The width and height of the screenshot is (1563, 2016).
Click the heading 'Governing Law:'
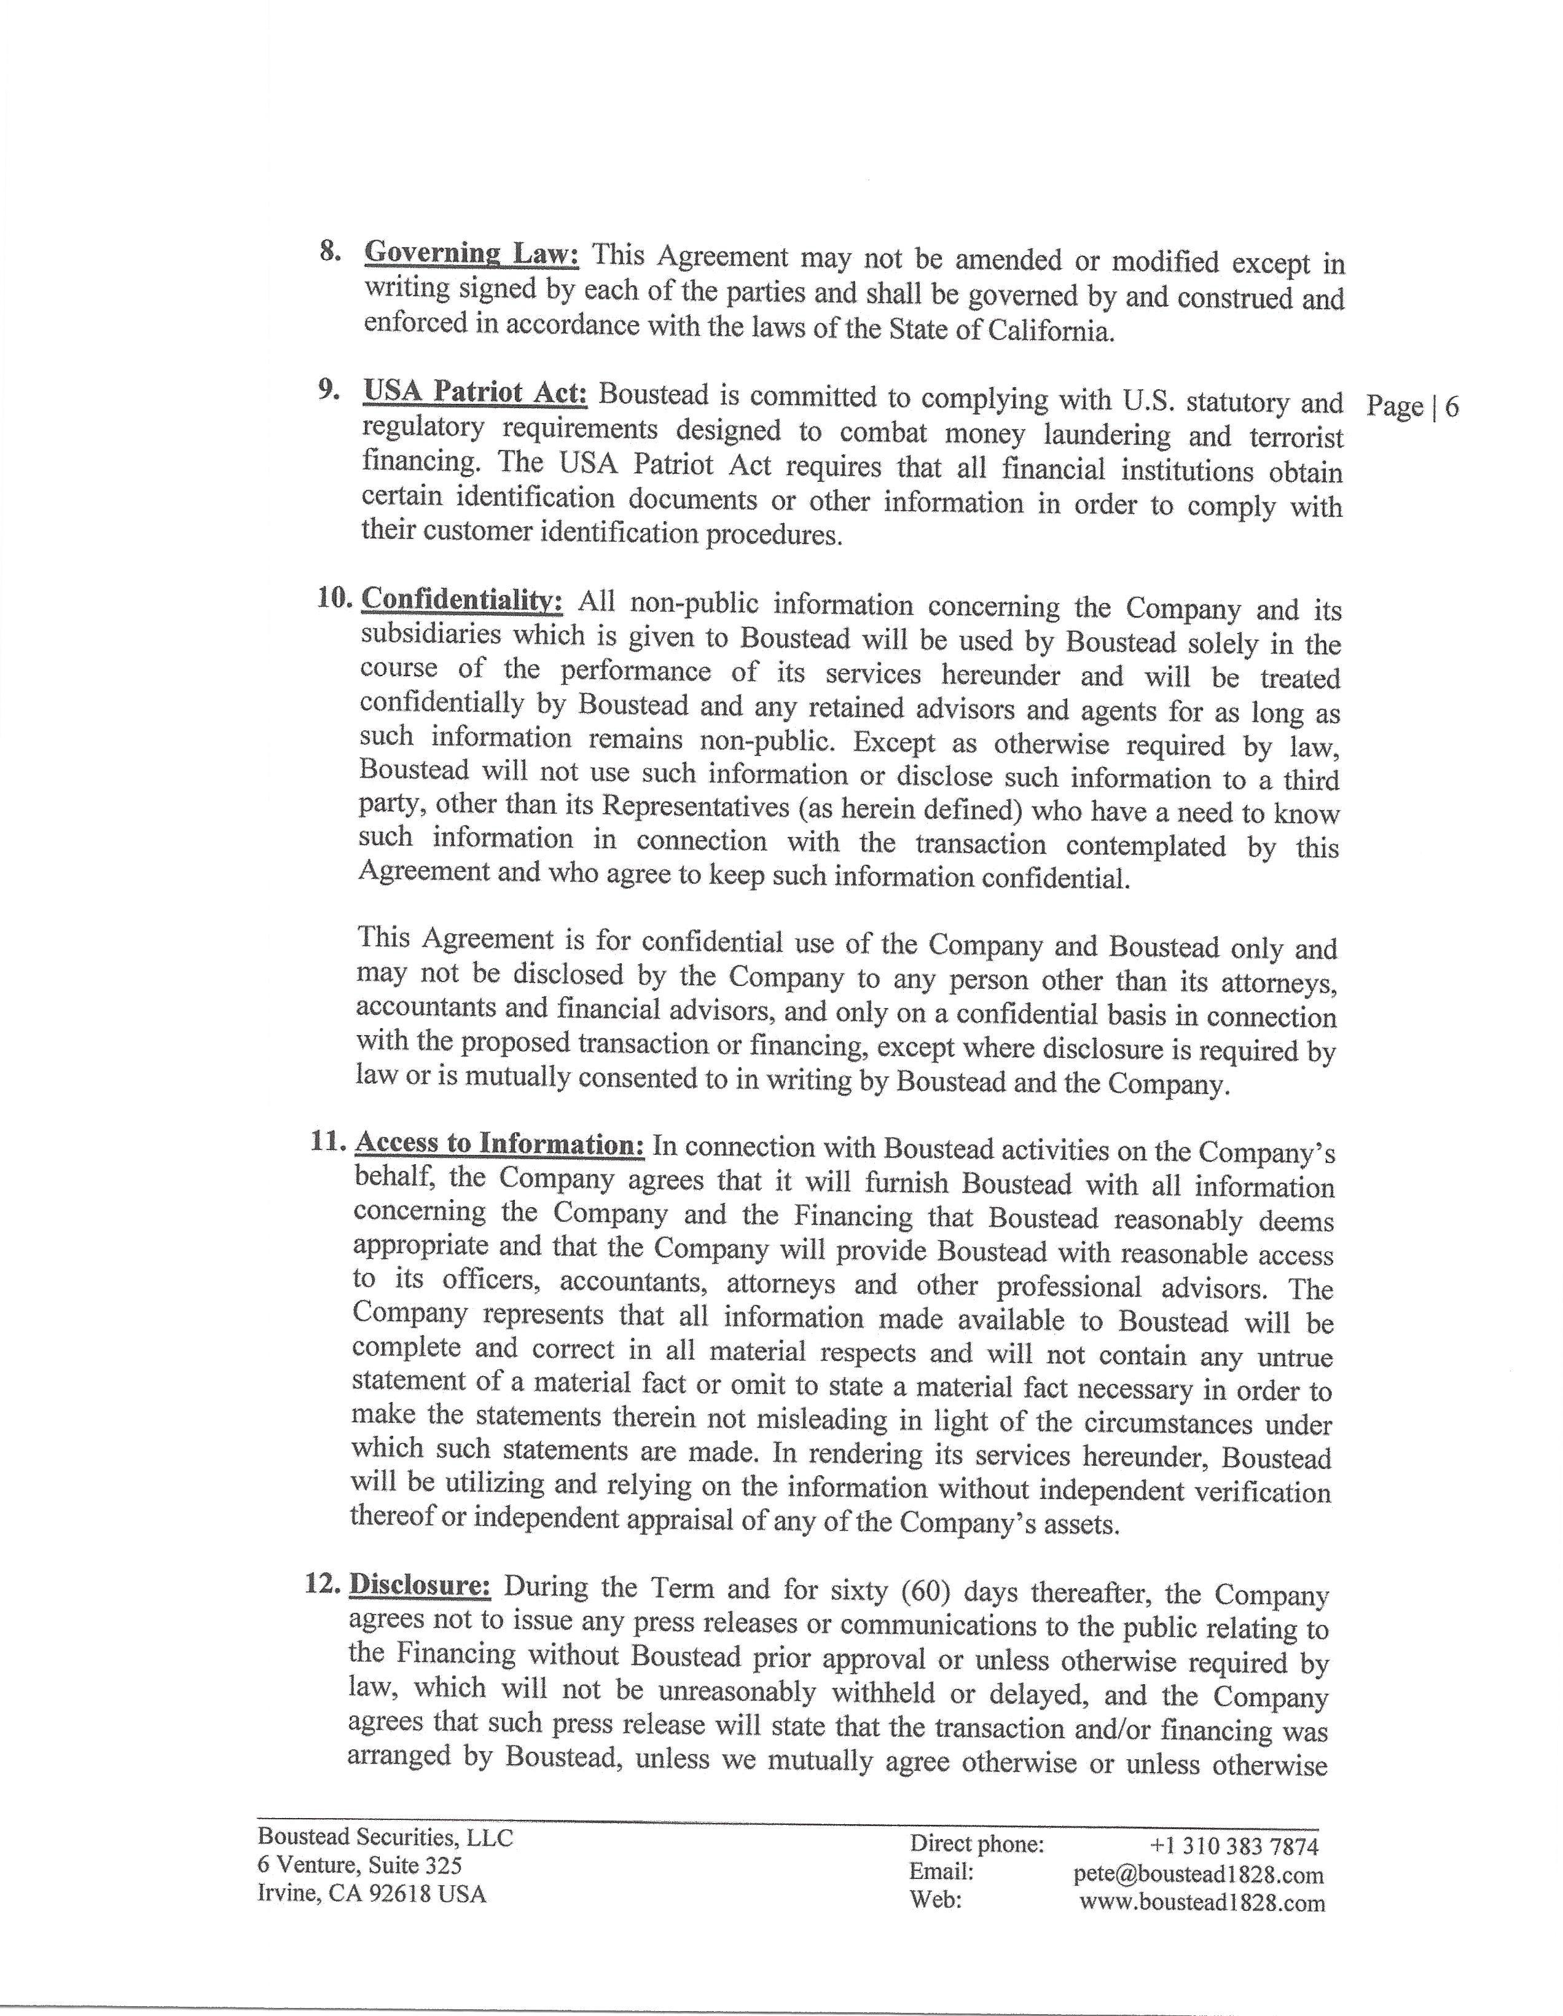(471, 253)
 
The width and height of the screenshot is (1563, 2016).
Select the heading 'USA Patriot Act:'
(475, 392)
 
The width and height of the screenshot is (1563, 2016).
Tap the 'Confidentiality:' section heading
(461, 599)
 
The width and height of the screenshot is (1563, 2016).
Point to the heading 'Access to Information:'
(499, 1143)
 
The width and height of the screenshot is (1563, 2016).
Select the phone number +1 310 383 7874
(1234, 1845)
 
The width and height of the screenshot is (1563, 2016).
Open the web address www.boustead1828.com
(1201, 1902)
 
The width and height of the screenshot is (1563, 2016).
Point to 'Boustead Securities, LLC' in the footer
(385, 1837)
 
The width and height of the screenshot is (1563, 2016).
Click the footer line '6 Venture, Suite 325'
(360, 1865)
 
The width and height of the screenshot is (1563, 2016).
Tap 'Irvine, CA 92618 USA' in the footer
(371, 1893)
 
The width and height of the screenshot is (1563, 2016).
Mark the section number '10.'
(335, 597)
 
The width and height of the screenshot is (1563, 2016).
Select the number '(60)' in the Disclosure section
(933, 1589)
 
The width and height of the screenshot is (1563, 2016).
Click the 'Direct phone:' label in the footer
(976, 1843)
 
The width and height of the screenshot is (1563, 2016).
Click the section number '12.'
(323, 1583)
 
